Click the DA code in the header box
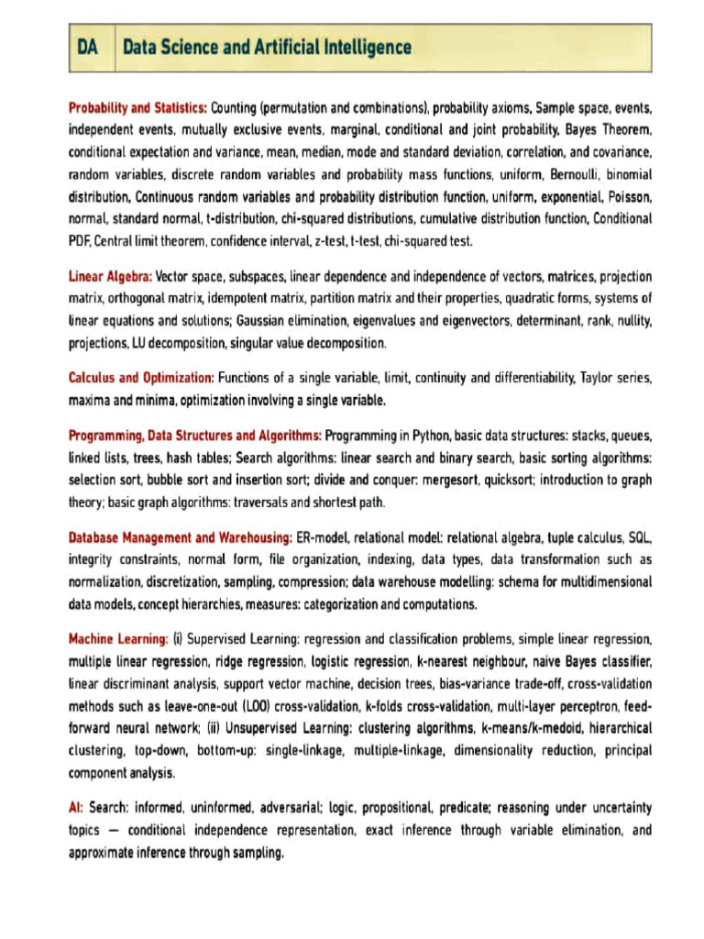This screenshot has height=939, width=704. (89, 47)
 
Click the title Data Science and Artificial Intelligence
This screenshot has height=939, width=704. (267, 47)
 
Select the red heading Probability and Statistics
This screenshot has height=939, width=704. (137, 107)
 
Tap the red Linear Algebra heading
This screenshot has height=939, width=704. (110, 276)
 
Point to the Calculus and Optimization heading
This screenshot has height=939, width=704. (141, 378)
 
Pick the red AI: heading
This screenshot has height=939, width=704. (77, 808)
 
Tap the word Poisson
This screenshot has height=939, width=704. (626, 196)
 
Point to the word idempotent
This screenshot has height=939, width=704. (240, 299)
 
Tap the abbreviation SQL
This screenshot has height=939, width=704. (639, 536)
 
